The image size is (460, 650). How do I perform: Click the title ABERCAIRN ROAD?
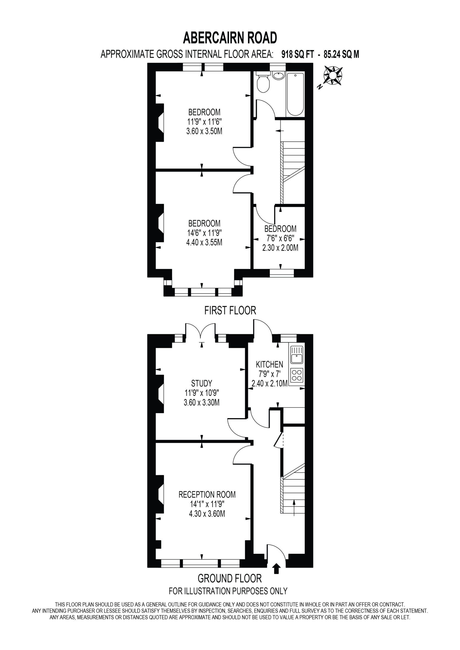pos(230,38)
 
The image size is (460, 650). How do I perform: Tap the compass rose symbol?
pos(333,76)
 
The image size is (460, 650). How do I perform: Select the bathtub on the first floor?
pos(296,94)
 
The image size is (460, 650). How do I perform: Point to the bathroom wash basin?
pos(278,76)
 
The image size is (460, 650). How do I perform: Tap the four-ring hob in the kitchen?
pos(297,375)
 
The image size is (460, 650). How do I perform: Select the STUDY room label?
pos(202,383)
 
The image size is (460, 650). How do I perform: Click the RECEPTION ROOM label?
pos(207,495)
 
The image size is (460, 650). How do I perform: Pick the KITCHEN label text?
pos(269,364)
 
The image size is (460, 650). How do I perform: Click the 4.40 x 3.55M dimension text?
pos(204,242)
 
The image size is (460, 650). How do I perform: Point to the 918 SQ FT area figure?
pos(298,54)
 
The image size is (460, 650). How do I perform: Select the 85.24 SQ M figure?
pos(341,54)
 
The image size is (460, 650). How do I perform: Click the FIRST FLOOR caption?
pos(230,311)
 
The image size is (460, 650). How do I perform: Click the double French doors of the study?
pos(201,330)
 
